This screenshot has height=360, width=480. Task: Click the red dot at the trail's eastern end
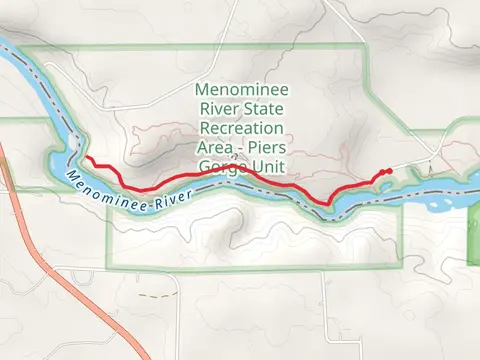pos(387,172)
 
